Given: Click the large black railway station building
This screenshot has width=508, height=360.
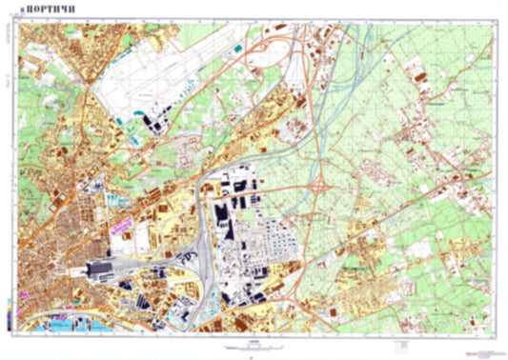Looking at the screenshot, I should pos(101,271).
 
